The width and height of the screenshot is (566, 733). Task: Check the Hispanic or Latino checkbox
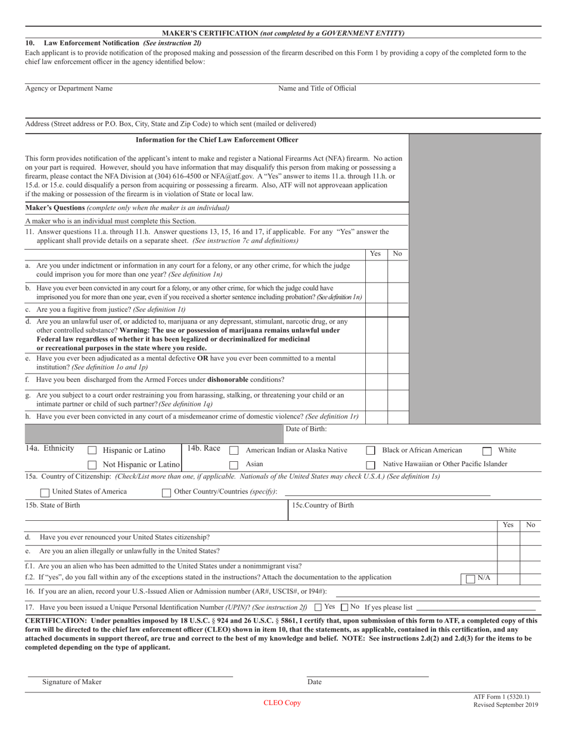click(92, 451)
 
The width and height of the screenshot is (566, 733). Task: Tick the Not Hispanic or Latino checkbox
click(92, 465)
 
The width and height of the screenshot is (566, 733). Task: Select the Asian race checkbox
click(234, 465)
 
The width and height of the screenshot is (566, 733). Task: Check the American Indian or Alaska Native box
click(234, 451)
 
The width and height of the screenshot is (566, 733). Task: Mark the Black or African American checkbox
click(371, 451)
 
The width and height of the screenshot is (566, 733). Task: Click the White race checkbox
click(487, 451)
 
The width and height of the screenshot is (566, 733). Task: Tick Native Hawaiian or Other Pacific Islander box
click(371, 465)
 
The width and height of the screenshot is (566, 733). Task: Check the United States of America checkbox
click(45, 493)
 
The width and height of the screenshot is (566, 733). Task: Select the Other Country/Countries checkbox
click(167, 493)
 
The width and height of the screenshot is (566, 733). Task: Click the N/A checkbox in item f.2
click(471, 579)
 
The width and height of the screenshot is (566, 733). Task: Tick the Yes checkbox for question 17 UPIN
click(318, 607)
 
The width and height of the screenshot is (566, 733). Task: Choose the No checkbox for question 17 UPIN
click(344, 607)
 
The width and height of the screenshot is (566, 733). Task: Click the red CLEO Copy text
click(282, 703)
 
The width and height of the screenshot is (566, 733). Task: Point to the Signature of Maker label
click(71, 682)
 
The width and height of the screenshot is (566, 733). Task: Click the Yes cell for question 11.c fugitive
click(376, 310)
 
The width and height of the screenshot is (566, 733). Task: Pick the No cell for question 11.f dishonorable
click(398, 380)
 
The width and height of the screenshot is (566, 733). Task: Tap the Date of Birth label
click(306, 428)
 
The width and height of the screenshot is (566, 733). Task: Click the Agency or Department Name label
click(69, 88)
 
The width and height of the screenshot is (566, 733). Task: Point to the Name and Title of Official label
click(317, 88)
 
